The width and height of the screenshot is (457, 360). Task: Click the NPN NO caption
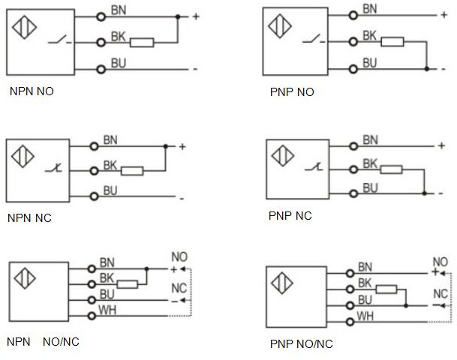tap(32, 92)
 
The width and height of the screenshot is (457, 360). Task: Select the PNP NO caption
tap(291, 93)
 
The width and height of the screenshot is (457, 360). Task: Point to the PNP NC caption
tap(290, 217)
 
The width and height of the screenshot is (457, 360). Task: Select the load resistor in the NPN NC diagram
tap(133, 170)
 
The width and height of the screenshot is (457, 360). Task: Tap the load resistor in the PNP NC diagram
tap(391, 169)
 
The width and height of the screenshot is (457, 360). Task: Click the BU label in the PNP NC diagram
tap(369, 187)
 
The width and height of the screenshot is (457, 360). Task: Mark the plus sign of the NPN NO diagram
tap(196, 16)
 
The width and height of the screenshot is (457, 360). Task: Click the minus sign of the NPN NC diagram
tap(181, 198)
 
